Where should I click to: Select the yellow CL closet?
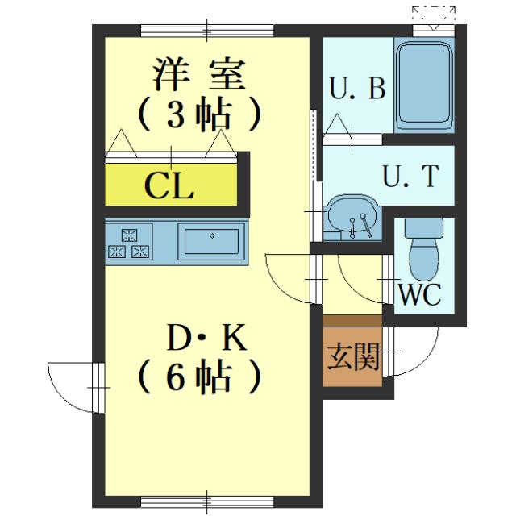click(170, 186)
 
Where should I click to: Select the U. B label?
click(358, 89)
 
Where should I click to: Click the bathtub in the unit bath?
click(424, 85)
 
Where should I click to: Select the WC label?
click(421, 294)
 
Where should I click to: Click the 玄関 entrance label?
click(352, 354)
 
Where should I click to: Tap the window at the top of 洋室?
click(206, 31)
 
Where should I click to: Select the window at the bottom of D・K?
click(206, 501)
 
